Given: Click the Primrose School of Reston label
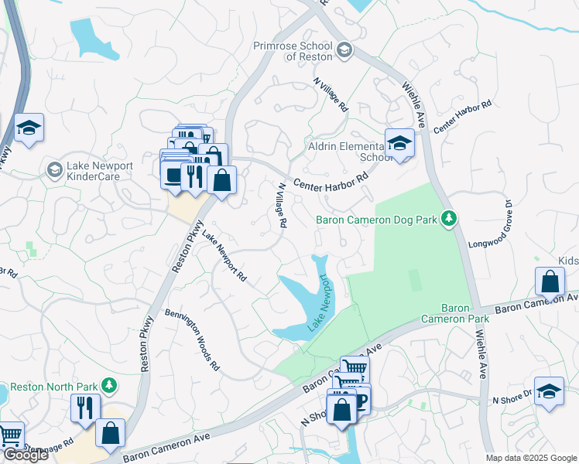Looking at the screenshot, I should coord(293,51).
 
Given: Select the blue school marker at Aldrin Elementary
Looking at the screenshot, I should coord(399,143).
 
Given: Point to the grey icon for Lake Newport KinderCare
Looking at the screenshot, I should coord(54,169).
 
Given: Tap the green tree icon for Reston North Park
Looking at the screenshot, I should coord(111,385).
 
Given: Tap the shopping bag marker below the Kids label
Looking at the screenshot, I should coord(549,282).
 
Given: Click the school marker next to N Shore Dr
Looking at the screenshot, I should coord(549,391).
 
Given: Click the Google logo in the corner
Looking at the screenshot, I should coord(25,455).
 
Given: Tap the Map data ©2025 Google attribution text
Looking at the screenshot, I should coord(530,458).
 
